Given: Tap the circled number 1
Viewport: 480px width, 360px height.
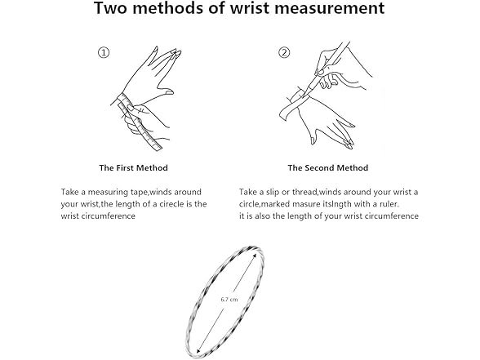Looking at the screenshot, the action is tap(104, 52).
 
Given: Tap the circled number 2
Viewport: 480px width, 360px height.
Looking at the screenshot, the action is tap(284, 52).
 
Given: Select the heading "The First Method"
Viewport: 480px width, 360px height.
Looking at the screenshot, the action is tap(134, 168).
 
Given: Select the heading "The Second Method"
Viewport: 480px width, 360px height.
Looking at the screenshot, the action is tap(328, 168).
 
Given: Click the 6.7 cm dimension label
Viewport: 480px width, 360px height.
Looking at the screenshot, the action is tap(229, 300).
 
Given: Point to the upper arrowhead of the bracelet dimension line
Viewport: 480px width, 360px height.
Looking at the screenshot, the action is tap(256, 255).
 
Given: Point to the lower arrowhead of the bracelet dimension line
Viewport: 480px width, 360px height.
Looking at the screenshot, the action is tap(198, 350).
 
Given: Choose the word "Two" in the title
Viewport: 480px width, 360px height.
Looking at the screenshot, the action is tap(111, 8).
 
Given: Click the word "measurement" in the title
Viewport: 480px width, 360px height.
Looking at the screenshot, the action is tap(329, 8).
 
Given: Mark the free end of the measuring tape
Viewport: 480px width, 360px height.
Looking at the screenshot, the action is tap(158, 149).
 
